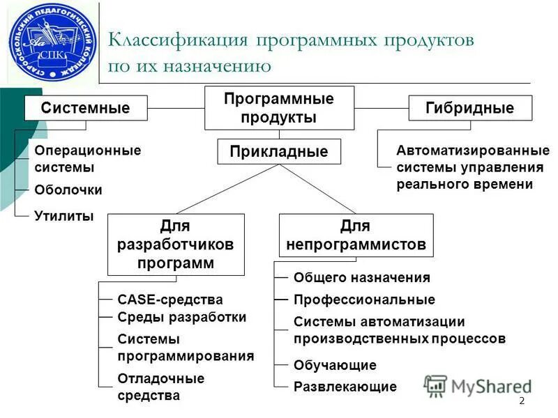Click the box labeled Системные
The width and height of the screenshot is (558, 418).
click(x=86, y=108)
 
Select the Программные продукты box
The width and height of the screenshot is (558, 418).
click(x=279, y=108)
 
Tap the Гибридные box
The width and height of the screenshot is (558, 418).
click(x=469, y=108)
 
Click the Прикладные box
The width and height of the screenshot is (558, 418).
click(x=279, y=151)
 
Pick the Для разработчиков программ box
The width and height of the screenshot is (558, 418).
click(x=176, y=245)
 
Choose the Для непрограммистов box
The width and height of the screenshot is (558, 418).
click(x=356, y=235)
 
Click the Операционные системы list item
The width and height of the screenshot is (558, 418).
click(x=87, y=159)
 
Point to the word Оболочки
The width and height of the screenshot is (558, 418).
click(x=68, y=189)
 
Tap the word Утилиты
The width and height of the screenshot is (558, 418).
click(x=64, y=215)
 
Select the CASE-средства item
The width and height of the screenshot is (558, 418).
click(x=170, y=300)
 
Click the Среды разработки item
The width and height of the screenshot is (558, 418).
click(x=181, y=317)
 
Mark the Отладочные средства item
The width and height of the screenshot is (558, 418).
click(x=160, y=387)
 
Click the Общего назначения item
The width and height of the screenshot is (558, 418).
click(x=361, y=277)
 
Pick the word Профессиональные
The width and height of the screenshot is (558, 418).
click(x=364, y=300)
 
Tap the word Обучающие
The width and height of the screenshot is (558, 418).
click(x=335, y=365)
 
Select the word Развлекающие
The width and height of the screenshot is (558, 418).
click(x=345, y=387)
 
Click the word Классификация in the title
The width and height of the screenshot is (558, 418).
click(x=178, y=40)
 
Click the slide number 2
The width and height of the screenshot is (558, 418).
click(x=522, y=401)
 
